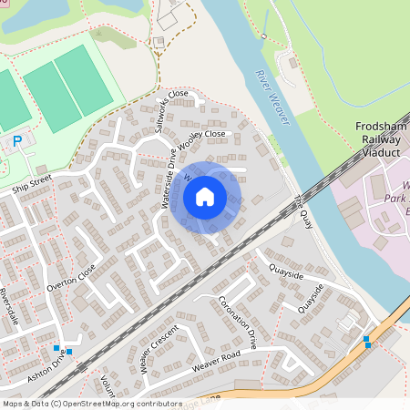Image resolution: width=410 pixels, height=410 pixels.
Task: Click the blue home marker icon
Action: [x=205, y=197]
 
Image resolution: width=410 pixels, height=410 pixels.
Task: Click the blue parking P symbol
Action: [x=16, y=141]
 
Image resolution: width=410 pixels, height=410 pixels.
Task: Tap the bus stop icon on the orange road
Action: [x=367, y=342]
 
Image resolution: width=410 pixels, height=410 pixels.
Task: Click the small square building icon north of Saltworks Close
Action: [x=158, y=41]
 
